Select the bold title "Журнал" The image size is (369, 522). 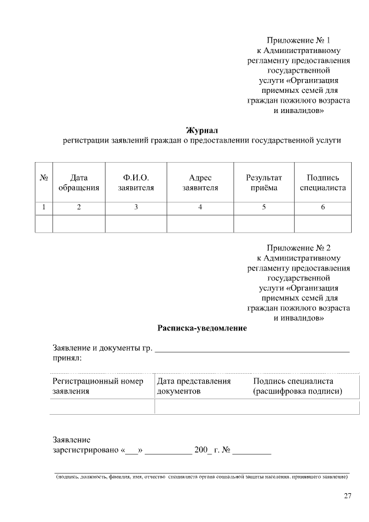202,130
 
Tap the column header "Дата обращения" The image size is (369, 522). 79,183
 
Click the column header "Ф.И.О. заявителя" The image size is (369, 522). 136,183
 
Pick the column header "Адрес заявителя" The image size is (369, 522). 200,183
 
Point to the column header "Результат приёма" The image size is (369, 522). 264,183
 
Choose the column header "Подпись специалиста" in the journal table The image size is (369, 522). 323,183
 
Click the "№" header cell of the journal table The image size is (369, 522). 44,178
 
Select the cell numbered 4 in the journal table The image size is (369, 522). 200,207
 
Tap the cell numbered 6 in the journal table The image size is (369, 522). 323,207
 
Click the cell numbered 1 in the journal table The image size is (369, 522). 44,207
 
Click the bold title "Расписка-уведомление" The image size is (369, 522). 202,329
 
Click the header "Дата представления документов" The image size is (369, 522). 194,386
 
